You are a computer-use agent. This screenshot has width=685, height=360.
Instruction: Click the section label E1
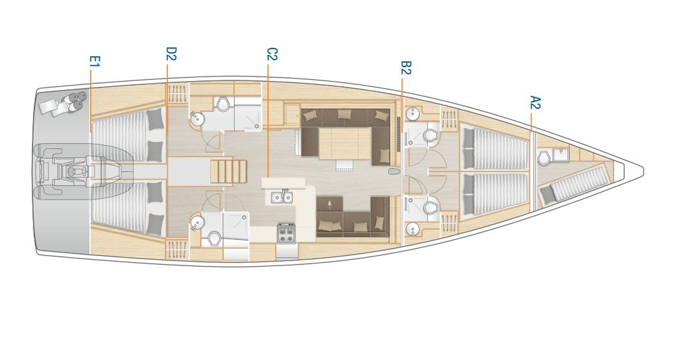(95, 61)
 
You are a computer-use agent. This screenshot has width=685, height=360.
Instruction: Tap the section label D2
(172, 54)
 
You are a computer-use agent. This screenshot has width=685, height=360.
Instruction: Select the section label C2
(272, 54)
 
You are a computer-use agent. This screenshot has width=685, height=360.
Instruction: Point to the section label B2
(406, 67)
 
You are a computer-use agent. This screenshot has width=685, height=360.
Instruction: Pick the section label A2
(535, 102)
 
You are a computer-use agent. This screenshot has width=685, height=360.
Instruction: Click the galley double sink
(282, 197)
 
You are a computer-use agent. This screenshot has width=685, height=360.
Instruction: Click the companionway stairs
(229, 172)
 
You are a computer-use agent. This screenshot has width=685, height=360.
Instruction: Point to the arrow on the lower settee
(329, 204)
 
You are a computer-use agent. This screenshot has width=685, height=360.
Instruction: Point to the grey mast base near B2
(394, 172)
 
